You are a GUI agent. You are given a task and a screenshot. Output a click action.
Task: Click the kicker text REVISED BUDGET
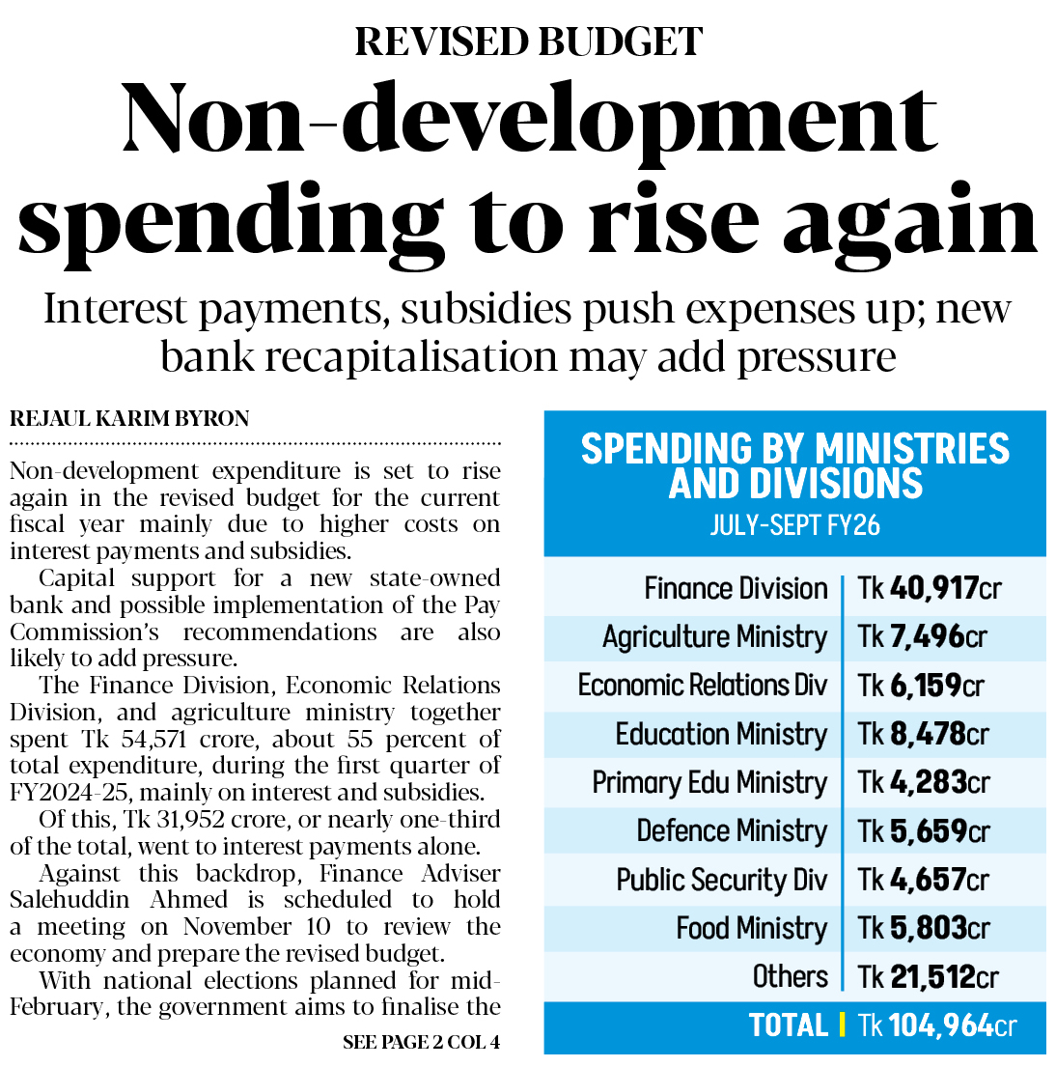pyautogui.click(x=528, y=41)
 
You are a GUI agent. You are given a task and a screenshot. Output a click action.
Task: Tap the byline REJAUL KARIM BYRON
pyautogui.click(x=129, y=419)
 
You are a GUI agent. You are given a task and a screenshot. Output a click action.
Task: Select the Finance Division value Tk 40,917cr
pyautogui.click(x=930, y=588)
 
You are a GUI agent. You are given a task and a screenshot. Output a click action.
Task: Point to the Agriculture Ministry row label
pyautogui.click(x=714, y=637)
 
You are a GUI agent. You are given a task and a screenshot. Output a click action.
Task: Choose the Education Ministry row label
pyautogui.click(x=721, y=734)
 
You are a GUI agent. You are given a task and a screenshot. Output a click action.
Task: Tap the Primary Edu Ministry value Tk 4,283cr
pyautogui.click(x=923, y=782)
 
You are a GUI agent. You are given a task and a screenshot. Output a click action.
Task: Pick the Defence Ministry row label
pyautogui.click(x=732, y=830)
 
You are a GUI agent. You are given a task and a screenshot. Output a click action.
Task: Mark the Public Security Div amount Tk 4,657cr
pyautogui.click(x=923, y=880)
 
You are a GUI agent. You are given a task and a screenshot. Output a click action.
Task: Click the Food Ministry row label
pyautogui.click(x=751, y=928)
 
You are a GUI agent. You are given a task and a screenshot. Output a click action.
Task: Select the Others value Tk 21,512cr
pyautogui.click(x=928, y=976)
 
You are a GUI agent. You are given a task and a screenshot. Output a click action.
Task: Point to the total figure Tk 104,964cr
pyautogui.click(x=936, y=1025)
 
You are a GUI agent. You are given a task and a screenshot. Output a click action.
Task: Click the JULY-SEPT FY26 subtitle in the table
pyautogui.click(x=794, y=525)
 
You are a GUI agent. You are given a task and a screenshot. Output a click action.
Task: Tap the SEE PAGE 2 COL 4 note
pyautogui.click(x=421, y=1043)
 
